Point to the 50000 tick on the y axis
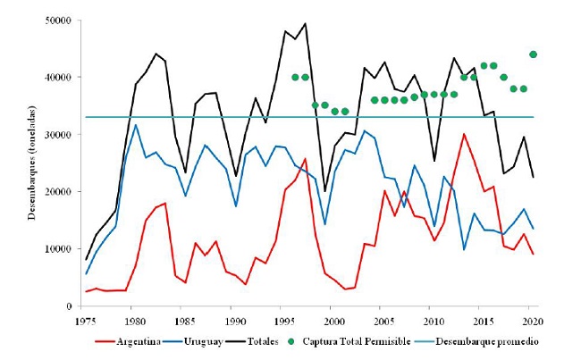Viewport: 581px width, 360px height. point(62,20)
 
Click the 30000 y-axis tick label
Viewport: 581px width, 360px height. point(62,134)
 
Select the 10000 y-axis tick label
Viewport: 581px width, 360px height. point(62,248)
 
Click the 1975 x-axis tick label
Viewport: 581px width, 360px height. point(86,320)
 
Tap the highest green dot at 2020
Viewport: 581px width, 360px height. point(534,54)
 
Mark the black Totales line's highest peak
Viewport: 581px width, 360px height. point(305,23)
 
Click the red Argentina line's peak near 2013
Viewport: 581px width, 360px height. point(464,134)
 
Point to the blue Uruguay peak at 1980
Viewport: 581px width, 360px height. point(136,125)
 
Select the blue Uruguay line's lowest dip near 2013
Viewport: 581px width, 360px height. point(464,249)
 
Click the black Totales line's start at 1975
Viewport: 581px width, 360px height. point(86,259)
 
